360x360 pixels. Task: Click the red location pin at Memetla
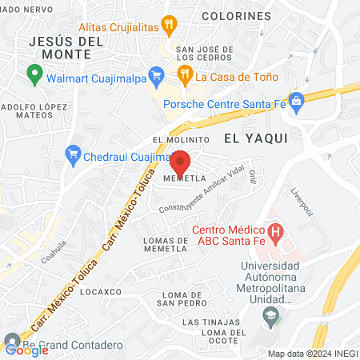pos(180,162)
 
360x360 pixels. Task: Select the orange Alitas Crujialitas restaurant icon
pos(169,24)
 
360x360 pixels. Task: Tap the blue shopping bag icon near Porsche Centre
pos(297,100)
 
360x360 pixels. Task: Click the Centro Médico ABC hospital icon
pos(276,234)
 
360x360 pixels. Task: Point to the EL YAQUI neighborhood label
pos(255,138)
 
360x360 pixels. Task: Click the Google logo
pos(26,349)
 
